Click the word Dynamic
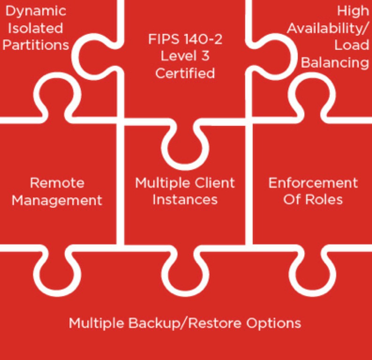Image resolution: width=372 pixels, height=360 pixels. (36, 10)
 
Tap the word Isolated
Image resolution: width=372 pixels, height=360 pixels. (35, 28)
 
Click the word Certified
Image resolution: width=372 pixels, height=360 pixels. (185, 73)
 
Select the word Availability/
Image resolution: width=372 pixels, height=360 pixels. (328, 28)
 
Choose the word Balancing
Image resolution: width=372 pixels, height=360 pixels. (334, 63)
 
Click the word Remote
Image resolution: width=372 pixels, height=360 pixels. (57, 183)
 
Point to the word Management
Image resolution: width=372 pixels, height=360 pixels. (57, 200)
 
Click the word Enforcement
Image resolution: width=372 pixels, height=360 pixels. (313, 182)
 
